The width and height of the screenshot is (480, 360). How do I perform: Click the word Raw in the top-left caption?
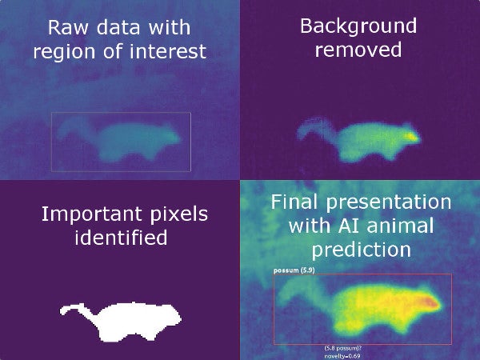pos(66,28)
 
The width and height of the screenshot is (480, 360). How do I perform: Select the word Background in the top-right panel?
pos(358,26)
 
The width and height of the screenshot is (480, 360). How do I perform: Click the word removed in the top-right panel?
pos(358,50)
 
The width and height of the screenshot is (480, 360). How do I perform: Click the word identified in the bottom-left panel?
pos(121,238)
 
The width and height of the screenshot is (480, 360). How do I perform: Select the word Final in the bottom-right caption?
pos(297,201)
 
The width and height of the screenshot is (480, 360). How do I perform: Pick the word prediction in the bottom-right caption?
pos(362,250)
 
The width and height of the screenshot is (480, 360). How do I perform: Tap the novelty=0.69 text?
pos(342,354)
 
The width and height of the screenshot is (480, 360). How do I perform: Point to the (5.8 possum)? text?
pos(342,348)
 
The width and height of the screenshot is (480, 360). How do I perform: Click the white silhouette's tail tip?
pos(64,310)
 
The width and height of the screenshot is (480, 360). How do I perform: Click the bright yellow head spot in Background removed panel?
pos(411,137)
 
